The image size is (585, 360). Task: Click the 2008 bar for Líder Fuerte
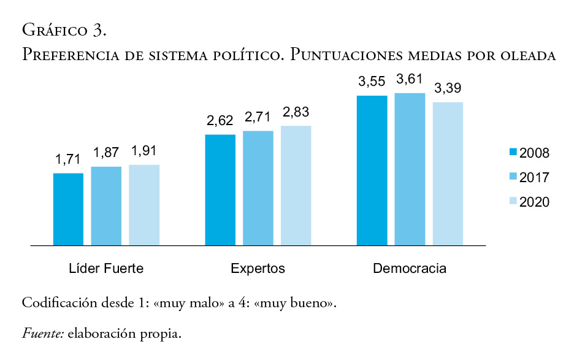(x=68, y=209)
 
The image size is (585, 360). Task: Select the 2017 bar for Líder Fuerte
(x=106, y=206)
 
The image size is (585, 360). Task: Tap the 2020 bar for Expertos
(x=296, y=186)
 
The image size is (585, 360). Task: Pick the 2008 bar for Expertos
(x=220, y=190)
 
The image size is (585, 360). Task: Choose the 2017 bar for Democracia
(x=410, y=169)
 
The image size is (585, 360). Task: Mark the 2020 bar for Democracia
(x=448, y=174)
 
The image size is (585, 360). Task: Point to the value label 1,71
(x=68, y=159)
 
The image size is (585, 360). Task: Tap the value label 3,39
(x=448, y=88)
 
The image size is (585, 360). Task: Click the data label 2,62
(x=220, y=121)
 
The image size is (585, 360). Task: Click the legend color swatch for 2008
(x=513, y=153)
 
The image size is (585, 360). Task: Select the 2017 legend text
(x=534, y=177)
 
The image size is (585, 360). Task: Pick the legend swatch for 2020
(x=513, y=202)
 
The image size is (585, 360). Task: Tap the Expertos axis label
(x=258, y=269)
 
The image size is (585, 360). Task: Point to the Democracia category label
(x=410, y=269)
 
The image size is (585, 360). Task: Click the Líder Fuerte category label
(x=106, y=269)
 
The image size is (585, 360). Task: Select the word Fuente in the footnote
(x=42, y=334)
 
